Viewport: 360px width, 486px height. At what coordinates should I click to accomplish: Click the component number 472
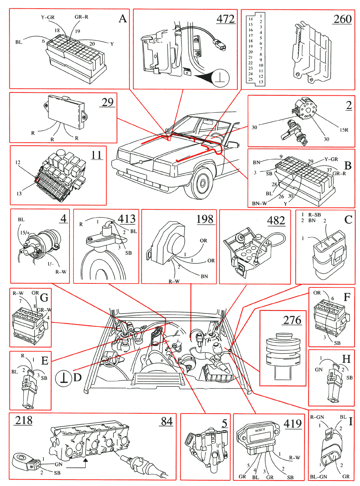coord(226,19)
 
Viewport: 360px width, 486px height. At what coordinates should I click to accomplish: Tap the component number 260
coord(342,19)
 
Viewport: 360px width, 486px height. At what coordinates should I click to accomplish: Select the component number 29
coord(107,102)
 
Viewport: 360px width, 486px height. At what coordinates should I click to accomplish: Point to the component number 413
coord(126,218)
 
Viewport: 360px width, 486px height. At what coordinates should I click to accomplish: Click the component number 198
coord(205,219)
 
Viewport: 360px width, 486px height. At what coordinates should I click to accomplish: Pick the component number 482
coord(276,220)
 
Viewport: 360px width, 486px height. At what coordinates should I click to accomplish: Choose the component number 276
coord(292,320)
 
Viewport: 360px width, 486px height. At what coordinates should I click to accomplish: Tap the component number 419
coord(292,423)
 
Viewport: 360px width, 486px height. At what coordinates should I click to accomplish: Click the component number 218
coord(24,420)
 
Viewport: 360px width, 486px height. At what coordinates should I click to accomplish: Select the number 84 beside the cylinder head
coord(167,421)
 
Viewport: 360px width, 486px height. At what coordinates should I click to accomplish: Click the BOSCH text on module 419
coord(260,430)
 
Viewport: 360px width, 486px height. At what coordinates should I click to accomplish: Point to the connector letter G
coord(44,297)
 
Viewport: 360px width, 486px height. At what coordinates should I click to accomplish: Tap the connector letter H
coord(346,359)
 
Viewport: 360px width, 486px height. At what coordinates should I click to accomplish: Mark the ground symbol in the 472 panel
coord(220,78)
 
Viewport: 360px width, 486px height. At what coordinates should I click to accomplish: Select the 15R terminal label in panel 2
coord(344,130)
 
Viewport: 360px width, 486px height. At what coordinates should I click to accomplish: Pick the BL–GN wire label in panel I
coord(318,477)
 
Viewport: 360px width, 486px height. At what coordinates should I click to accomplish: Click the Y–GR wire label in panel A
coord(48,17)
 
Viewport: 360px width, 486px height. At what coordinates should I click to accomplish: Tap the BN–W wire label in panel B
coord(259,204)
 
